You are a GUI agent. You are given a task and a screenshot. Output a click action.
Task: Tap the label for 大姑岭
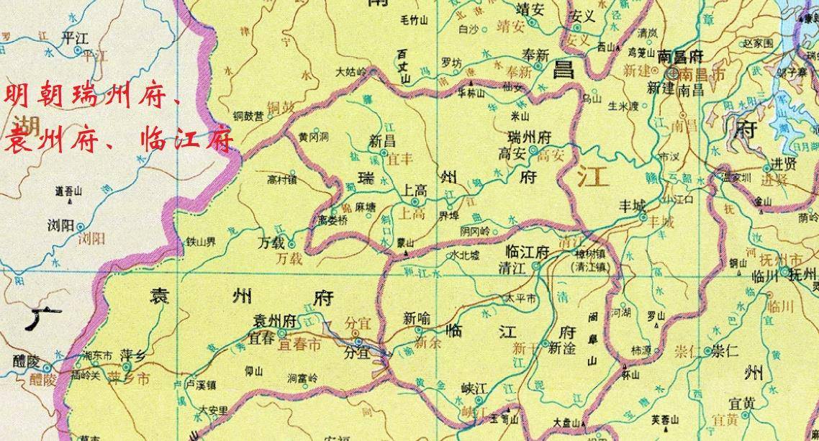click(352, 72)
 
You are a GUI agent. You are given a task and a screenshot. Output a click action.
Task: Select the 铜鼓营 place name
click(249, 115)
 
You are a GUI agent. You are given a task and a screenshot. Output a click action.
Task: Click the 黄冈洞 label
click(314, 136)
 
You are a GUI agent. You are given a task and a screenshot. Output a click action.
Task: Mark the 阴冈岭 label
click(474, 232)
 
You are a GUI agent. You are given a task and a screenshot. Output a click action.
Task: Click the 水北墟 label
click(464, 255)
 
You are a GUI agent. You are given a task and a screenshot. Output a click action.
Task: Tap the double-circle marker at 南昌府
click(674, 72)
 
